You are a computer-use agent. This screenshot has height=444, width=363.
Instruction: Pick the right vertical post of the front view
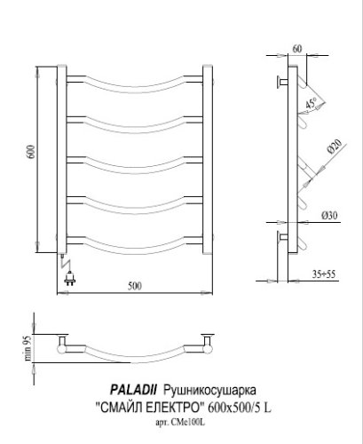pyautogui.click(x=210, y=160)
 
